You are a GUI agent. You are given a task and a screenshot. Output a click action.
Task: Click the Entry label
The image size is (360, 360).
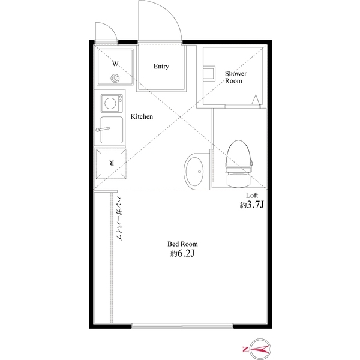click(x=161, y=67)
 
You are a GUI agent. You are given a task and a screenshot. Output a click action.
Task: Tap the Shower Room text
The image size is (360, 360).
click(x=234, y=77)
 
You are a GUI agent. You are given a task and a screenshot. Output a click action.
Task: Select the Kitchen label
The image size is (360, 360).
click(x=142, y=116)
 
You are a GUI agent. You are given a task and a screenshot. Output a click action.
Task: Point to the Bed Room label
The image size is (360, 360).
click(x=182, y=244)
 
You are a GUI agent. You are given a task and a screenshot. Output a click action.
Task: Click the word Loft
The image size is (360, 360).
click(x=252, y=196)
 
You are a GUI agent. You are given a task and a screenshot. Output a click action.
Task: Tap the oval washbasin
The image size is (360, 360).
click(x=194, y=171)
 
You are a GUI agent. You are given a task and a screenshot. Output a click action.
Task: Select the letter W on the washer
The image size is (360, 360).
click(x=115, y=63)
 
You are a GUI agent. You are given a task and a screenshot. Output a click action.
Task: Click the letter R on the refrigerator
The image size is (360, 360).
click(x=112, y=163)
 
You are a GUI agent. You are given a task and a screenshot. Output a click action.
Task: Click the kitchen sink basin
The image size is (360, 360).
click(x=112, y=130)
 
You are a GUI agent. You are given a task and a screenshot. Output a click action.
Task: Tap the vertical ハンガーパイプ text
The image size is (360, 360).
click(x=119, y=218)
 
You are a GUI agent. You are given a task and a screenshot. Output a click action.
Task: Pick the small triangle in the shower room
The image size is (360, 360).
click(x=257, y=99)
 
